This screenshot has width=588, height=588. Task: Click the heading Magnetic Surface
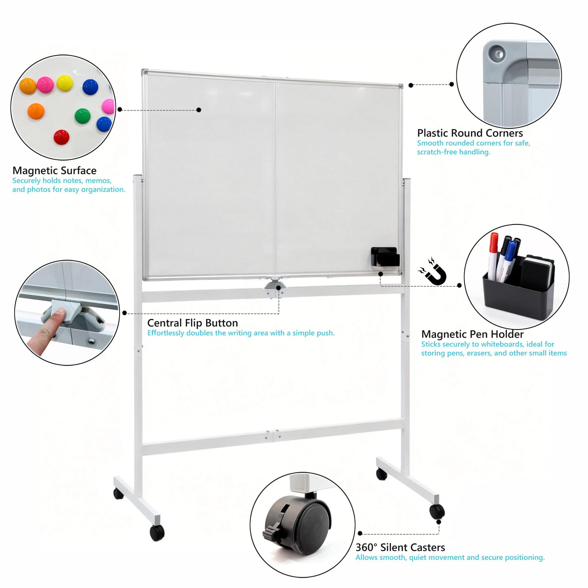point(54,170)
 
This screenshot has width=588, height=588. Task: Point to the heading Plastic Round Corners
point(470,133)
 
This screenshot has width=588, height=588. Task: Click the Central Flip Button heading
point(193,323)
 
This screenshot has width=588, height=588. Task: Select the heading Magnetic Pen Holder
point(472,334)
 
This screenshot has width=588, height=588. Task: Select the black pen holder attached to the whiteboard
point(385,256)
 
